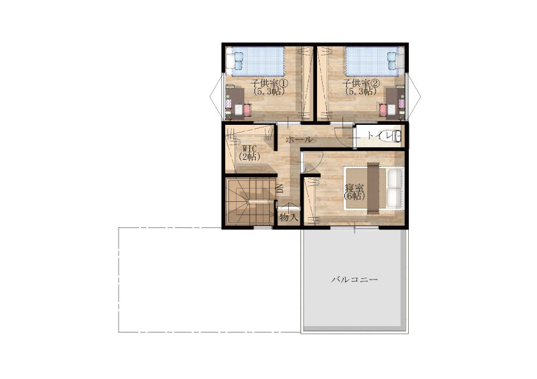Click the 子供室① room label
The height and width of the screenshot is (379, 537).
tap(269, 83)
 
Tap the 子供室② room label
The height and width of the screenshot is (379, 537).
tap(361, 83)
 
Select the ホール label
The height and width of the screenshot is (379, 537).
tap(299, 139)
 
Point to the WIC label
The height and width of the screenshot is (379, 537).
tap(249, 149)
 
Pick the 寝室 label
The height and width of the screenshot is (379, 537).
tap(354, 188)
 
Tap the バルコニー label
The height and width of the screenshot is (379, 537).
tap(355, 280)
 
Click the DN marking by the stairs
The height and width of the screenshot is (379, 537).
tap(280, 189)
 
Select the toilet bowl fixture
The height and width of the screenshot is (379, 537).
tap(393, 136)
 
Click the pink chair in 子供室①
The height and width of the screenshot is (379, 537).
tap(247, 110)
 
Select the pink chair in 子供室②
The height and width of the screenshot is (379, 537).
tap(383, 110)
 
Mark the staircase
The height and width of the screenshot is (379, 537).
tap(251, 201)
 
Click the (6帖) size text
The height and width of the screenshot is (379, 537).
tap(354, 196)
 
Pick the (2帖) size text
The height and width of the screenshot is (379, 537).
tap(249, 157)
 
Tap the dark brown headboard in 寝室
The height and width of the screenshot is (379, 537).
tap(373, 188)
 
